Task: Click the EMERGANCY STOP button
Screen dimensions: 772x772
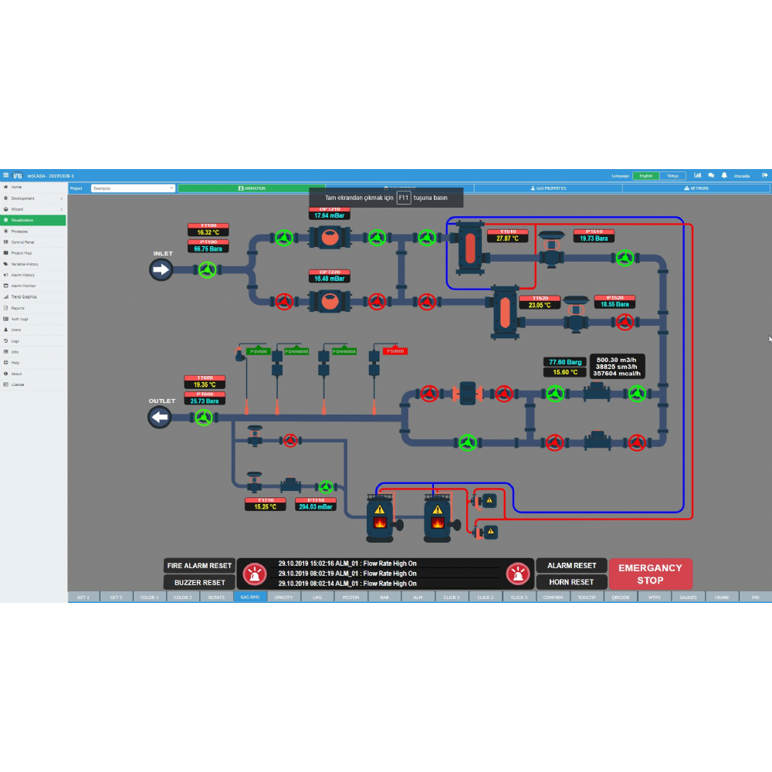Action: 650,574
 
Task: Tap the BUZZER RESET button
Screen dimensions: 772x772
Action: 199,582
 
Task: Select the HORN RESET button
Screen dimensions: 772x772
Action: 571,582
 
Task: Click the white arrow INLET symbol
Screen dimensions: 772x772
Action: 161,269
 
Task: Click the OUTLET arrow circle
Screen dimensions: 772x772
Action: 160,418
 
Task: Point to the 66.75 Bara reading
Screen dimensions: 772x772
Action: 207,249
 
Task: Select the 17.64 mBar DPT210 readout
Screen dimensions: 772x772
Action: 329,215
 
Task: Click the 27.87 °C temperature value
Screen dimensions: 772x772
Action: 508,239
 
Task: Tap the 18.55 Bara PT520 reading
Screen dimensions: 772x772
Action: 615,305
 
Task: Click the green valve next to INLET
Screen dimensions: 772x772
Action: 206,269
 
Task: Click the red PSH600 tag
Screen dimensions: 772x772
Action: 394,351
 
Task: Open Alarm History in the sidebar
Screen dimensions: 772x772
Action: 23,275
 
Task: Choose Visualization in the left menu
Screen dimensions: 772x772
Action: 23,220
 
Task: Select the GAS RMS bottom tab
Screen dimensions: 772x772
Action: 250,597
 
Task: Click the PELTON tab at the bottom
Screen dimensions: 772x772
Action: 350,597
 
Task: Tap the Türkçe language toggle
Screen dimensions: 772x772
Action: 673,176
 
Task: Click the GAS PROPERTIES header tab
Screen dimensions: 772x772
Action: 551,188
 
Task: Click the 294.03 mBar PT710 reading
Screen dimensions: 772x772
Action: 315,507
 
